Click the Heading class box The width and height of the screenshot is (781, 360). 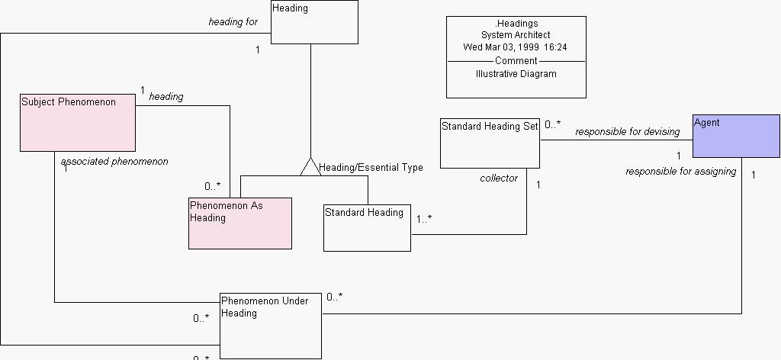[x=314, y=22]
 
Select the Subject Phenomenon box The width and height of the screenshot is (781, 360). [x=77, y=122]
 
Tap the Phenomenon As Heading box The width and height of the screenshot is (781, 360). [x=240, y=223]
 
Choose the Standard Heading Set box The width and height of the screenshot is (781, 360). [x=490, y=143]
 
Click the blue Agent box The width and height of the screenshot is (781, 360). [x=736, y=136]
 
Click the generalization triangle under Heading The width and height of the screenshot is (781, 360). [x=310, y=166]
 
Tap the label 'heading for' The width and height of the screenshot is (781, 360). [x=233, y=22]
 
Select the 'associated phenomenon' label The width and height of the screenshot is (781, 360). [x=114, y=162]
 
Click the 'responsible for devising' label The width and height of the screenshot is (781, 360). [x=627, y=132]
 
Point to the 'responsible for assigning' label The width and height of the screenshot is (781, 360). [x=680, y=172]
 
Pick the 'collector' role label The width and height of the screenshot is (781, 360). [x=499, y=178]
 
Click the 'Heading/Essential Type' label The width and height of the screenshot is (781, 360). [x=371, y=167]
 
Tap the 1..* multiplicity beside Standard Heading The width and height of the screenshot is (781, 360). [x=424, y=219]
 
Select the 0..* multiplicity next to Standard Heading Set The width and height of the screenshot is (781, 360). [x=553, y=124]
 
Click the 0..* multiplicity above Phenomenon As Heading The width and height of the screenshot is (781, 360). [x=212, y=186]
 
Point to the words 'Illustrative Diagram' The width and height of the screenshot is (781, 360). [x=516, y=74]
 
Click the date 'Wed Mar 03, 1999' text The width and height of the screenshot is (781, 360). [x=500, y=47]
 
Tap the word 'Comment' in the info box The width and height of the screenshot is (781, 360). [x=516, y=60]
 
